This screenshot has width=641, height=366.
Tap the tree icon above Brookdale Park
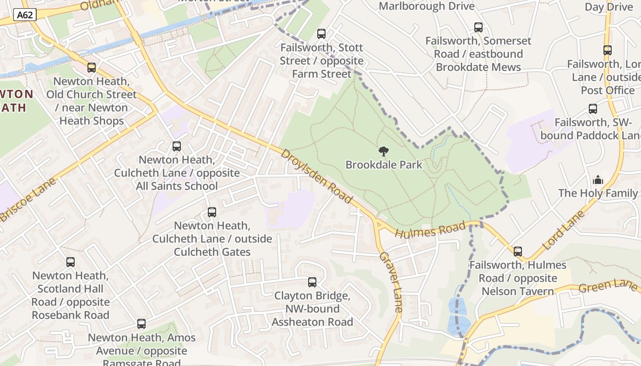tap(384, 151)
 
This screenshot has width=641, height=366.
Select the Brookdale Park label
tap(384, 165)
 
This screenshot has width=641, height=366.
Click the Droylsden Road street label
tap(317, 177)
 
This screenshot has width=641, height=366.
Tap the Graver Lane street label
tap(391, 282)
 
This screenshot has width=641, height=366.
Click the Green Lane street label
tap(608, 286)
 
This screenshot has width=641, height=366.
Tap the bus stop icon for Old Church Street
tap(92, 68)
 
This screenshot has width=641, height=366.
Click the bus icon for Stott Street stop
tap(321, 34)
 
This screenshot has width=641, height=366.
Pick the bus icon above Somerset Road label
tap(478, 27)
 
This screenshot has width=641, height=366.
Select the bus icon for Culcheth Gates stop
tap(212, 212)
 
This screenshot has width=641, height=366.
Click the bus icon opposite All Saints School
tap(177, 146)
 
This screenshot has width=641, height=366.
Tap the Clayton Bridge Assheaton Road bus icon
tap(312, 282)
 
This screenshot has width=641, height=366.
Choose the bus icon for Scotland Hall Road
tap(71, 262)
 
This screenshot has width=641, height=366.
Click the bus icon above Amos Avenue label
tap(141, 324)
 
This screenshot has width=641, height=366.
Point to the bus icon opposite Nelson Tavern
tap(518, 252)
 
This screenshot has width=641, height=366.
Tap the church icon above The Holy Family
tap(598, 180)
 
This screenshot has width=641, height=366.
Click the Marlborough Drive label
tap(427, 6)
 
